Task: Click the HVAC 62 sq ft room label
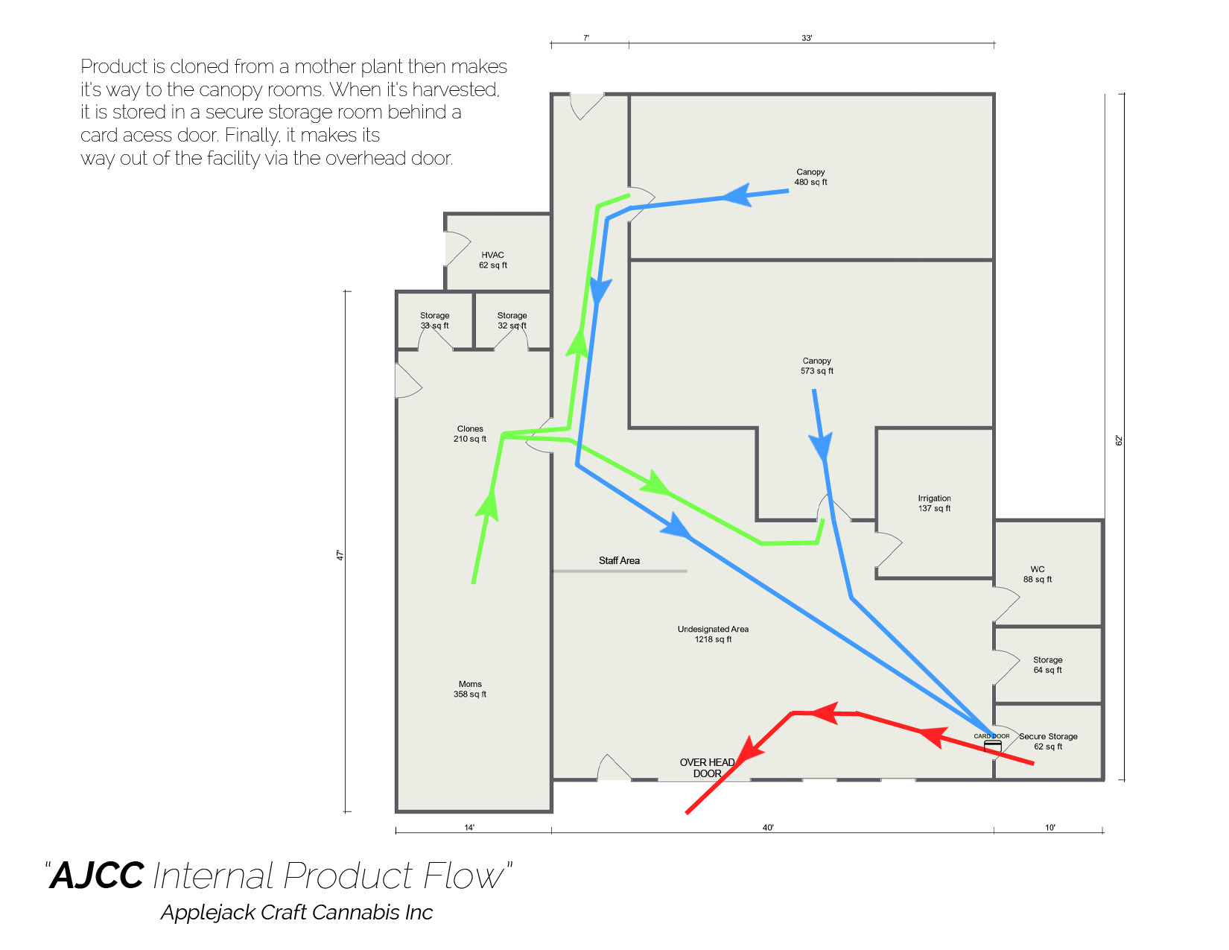492,260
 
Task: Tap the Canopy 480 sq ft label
810,177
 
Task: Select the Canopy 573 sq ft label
816,366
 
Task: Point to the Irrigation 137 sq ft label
934,504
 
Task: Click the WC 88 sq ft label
1037,574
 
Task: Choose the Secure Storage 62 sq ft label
1048,741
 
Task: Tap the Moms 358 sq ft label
470,689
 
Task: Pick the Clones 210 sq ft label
470,434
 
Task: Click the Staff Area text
619,561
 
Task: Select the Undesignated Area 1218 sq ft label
713,634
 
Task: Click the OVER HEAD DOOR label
707,768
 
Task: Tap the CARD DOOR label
991,736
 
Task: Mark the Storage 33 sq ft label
434,320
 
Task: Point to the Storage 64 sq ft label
1047,665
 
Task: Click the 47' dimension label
340,555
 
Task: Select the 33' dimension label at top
807,38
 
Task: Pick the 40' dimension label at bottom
768,828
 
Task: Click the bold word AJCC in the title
98,875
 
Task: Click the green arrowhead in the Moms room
487,506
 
